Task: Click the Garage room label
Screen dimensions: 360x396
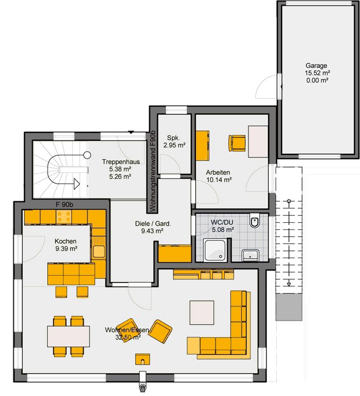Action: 316,66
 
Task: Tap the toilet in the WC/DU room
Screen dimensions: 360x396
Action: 255,221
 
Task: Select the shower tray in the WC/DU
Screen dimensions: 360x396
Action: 215,250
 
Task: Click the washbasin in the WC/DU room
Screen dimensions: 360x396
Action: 250,255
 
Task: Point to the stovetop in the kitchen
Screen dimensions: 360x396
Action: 64,217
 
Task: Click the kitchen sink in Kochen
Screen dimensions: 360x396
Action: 99,251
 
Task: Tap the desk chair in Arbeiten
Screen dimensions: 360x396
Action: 237,143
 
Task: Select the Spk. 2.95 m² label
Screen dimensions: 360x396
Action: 174,141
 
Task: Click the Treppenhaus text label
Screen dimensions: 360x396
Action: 121,162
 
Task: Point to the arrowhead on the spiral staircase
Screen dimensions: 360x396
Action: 77,184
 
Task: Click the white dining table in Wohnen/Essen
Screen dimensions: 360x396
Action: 68,336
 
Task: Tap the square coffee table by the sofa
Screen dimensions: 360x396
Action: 202,313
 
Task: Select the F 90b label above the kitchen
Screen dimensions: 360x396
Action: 64,205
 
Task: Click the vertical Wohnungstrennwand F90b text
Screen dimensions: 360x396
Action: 153,171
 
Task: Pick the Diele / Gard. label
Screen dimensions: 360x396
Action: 153,224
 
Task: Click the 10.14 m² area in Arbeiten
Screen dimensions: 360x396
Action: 219,180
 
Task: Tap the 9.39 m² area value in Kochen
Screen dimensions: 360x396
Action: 66,249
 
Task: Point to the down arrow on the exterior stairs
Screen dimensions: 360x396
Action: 289,284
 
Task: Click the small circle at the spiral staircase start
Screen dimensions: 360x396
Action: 87,155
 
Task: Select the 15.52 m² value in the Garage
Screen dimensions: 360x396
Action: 317,73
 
